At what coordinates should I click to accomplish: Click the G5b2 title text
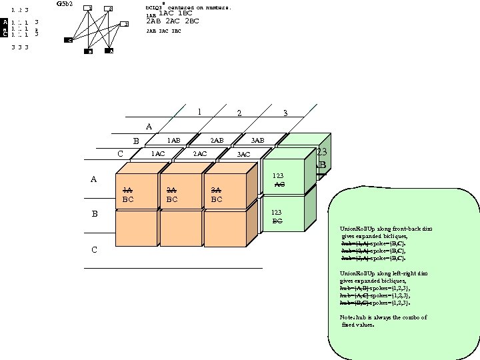tap(65, 4)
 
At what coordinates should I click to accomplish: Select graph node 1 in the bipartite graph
tap(89, 8)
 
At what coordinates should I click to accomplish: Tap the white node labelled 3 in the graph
tap(125, 24)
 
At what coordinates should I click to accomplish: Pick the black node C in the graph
tap(69, 40)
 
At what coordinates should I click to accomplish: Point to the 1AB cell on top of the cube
tap(173, 141)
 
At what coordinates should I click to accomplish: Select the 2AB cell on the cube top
tap(217, 141)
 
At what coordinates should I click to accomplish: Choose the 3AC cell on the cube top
tap(243, 155)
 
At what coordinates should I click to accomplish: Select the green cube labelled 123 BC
tap(282, 216)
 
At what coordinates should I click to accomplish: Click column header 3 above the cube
tap(285, 113)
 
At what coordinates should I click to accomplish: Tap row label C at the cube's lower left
tap(94, 250)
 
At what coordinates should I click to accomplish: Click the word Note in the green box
tap(347, 317)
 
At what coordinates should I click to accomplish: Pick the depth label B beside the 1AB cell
tap(136, 141)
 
